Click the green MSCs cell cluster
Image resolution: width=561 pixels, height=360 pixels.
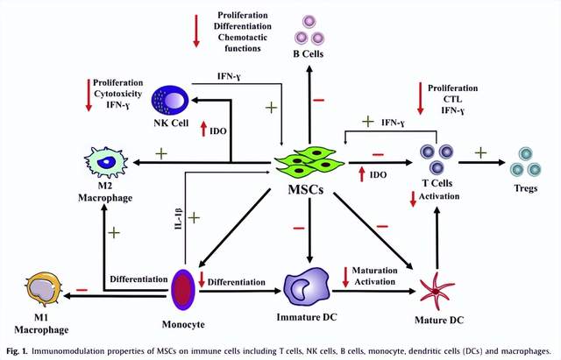point(309,163)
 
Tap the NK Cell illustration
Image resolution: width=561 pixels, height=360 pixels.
point(170,100)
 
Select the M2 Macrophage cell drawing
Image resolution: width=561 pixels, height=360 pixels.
point(106,163)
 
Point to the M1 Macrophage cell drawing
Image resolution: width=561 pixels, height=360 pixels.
point(44,290)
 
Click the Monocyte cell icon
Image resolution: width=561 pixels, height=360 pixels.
point(183,290)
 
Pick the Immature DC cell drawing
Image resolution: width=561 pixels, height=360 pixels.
point(307,287)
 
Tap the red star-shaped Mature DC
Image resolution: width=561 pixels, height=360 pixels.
point(437,292)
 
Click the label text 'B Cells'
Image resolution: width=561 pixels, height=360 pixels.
point(308,54)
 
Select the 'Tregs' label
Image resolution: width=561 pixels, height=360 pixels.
point(526,188)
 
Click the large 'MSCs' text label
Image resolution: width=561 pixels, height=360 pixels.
point(306,189)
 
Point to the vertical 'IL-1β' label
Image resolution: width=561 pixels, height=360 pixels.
point(179,218)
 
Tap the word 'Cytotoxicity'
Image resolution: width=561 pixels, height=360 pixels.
point(117,94)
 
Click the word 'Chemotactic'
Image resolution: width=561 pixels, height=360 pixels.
point(243,37)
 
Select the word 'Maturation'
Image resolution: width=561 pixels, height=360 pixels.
point(374,271)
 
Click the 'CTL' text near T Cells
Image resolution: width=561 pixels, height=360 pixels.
point(452,99)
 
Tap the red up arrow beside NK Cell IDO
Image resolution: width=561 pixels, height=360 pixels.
point(203,129)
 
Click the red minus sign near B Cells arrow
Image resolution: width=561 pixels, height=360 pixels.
point(318,100)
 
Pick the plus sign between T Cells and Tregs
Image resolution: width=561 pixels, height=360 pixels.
point(480,153)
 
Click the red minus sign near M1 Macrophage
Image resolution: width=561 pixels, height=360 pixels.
point(82,290)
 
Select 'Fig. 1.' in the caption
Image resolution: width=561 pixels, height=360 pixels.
point(17,350)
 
